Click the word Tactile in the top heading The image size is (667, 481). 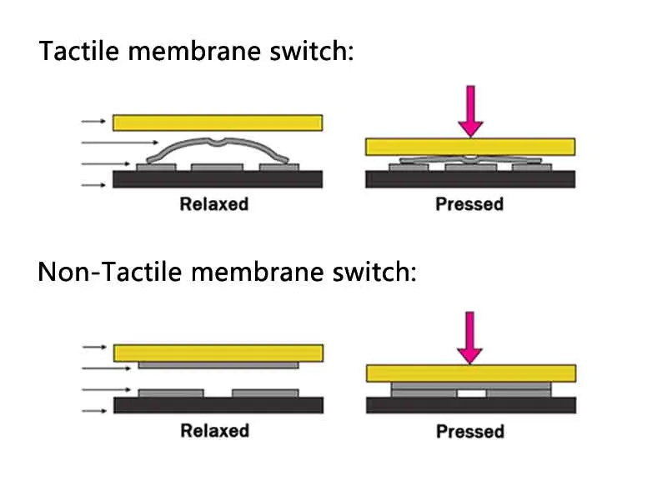[78, 51]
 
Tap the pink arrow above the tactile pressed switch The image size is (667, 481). [470, 112]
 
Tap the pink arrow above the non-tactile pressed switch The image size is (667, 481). [469, 338]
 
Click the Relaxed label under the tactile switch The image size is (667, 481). [214, 204]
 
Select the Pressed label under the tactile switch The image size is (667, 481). [469, 204]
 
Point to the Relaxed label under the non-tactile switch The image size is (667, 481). [215, 431]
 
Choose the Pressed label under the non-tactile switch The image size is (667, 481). [470, 432]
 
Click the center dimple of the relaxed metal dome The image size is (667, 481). [218, 142]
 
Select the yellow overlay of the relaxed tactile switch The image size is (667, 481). [218, 123]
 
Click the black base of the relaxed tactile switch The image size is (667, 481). [218, 179]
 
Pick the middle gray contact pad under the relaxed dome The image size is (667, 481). [217, 167]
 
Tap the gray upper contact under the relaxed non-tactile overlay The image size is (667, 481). [218, 365]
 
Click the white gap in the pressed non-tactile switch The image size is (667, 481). [471, 393]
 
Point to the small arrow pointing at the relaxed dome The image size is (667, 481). [119, 143]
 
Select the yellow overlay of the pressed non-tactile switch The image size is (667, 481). [471, 373]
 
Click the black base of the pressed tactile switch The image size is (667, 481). [470, 179]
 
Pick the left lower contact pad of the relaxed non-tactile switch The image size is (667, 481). [171, 393]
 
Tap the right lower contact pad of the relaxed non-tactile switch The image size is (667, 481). [265, 393]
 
